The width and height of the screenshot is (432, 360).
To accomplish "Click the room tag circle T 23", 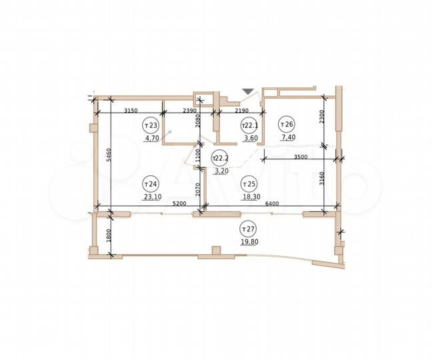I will [151, 125].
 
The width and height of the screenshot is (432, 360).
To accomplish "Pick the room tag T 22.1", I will [249, 125].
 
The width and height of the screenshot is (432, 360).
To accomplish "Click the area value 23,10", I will [152, 198].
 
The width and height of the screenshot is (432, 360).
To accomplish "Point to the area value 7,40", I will [289, 138].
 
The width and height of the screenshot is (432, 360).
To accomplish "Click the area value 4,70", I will [151, 139].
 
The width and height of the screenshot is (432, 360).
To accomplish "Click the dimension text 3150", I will [130, 109].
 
